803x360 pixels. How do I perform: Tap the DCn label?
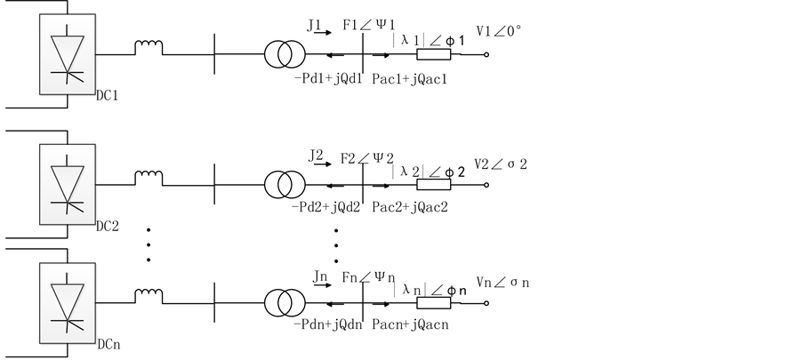107,341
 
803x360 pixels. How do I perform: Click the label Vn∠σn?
502,282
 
